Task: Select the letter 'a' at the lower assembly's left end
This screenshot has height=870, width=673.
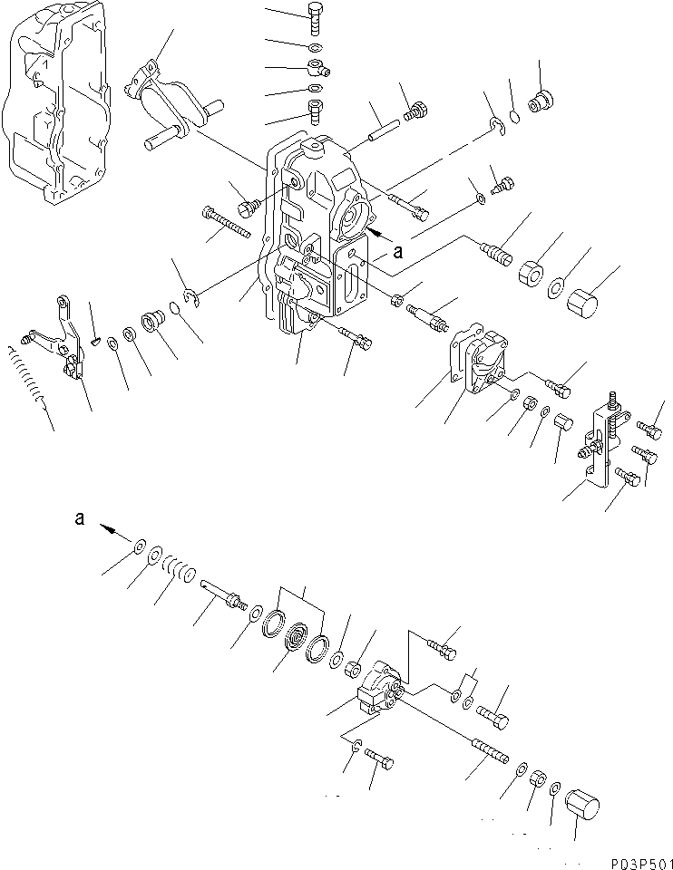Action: (x=81, y=518)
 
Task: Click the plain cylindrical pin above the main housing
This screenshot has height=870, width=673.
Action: (x=379, y=127)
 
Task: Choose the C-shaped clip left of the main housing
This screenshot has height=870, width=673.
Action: (x=190, y=292)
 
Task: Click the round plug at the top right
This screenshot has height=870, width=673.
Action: (x=543, y=101)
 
